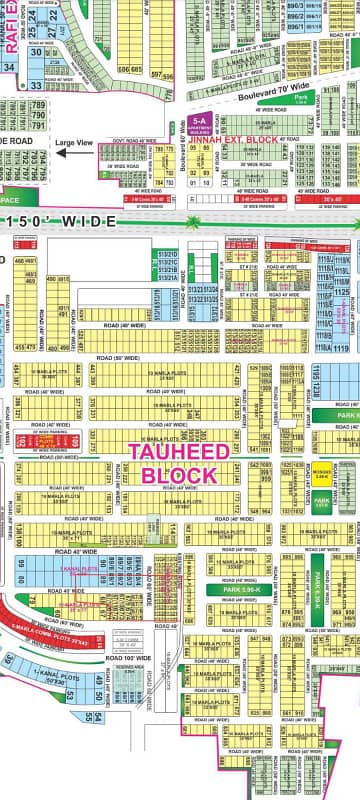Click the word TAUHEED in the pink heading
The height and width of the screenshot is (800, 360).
180,451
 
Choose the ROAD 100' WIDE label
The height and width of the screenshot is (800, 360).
130,658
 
